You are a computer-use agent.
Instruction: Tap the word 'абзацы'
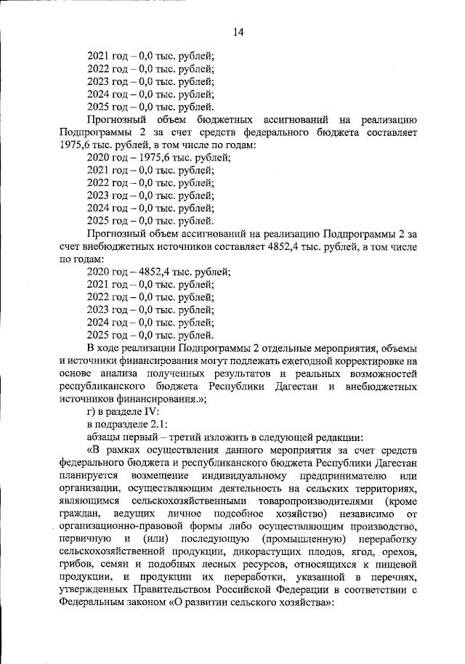click(x=106, y=437)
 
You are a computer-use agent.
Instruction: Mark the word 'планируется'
click(x=88, y=476)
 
